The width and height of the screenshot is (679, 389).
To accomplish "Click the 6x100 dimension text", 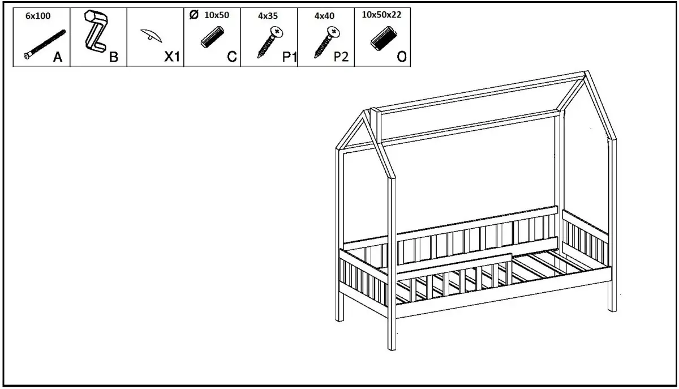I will [x=38, y=16].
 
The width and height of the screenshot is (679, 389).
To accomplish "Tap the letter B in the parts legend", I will [x=114, y=57].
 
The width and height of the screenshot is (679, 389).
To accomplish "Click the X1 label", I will [x=171, y=57].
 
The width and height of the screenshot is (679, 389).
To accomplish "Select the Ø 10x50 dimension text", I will [x=210, y=15].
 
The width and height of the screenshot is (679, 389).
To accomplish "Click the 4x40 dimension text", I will [x=325, y=16].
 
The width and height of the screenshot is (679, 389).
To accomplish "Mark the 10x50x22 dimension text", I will [x=381, y=15].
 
